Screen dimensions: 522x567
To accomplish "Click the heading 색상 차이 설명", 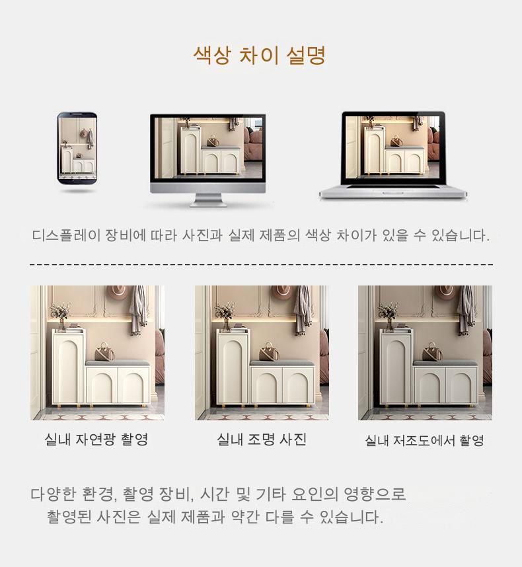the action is point(260,56).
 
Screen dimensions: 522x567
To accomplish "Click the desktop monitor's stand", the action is point(208,200).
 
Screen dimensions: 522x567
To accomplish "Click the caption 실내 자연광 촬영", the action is point(96,439).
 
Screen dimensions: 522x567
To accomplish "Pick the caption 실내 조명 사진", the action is point(262,439).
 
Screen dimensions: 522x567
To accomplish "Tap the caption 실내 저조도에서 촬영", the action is point(424,440).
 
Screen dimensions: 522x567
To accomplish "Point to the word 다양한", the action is point(53,494).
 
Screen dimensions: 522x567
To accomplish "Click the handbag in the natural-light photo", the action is point(104,352).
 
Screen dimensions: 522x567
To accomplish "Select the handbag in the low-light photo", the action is point(432,352).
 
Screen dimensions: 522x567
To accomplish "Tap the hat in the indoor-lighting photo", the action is point(282,293).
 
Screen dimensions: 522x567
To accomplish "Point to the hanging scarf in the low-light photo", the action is point(466,310).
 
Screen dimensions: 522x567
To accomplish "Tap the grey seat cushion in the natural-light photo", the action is point(118,363).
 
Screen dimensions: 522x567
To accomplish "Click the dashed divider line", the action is point(262,265).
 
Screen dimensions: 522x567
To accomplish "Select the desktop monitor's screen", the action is point(209,147).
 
